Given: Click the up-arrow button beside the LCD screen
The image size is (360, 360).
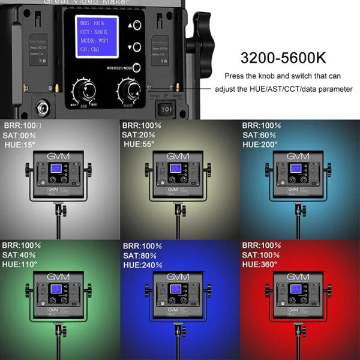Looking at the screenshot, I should tap(137, 26).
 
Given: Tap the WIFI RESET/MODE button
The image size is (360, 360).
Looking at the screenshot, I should tap(137, 68).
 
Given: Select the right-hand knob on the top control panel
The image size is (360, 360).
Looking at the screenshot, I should tap(128, 91).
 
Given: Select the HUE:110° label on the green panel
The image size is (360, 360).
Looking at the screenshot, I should tap(20, 264).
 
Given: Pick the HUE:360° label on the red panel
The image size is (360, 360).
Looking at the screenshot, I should tap(260, 264).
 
